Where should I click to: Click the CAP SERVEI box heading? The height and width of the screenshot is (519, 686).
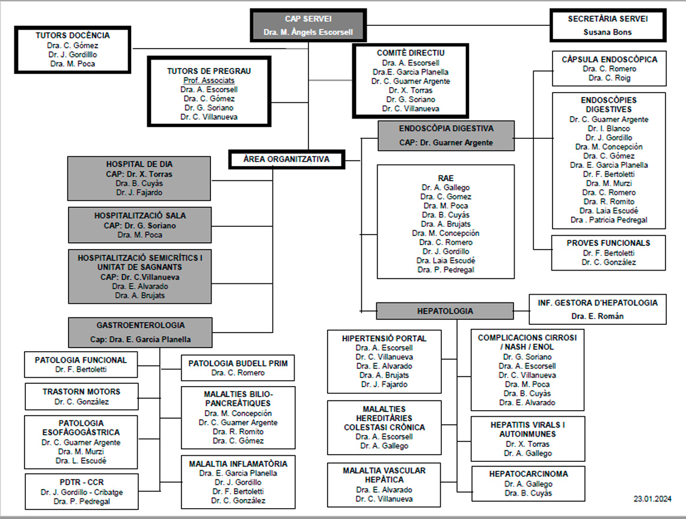(x=308, y=19)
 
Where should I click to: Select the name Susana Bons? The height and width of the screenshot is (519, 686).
(x=607, y=32)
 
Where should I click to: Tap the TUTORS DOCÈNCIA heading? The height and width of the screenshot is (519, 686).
(x=73, y=35)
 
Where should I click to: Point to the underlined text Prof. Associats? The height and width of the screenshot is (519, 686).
(x=209, y=80)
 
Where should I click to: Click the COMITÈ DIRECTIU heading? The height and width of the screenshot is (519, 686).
(x=411, y=53)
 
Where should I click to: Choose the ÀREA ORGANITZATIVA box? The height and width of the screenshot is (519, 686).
(x=286, y=160)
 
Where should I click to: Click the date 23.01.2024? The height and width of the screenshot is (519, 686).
(x=652, y=499)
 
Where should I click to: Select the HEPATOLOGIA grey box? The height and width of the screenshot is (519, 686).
(x=445, y=311)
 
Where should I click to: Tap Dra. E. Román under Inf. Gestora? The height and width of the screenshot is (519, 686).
(x=598, y=316)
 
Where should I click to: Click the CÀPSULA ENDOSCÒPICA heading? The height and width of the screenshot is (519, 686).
(x=609, y=60)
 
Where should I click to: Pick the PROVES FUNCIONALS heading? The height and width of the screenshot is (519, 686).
(x=608, y=243)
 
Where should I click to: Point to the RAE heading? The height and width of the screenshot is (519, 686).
(x=446, y=178)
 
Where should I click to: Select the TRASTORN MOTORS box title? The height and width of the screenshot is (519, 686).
(x=81, y=392)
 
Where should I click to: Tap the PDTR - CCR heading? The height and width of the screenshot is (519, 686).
(x=81, y=482)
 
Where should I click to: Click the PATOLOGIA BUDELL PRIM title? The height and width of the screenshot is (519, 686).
(x=238, y=363)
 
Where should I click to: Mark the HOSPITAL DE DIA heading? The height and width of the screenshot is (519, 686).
(x=139, y=164)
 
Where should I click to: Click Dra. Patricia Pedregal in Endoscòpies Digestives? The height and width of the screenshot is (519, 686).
(x=608, y=220)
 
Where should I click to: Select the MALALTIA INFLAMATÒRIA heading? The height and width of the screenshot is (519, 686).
(x=238, y=464)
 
